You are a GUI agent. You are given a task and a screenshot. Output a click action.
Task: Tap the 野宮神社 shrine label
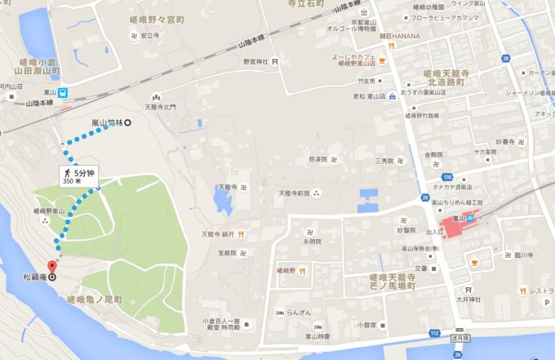click(x=255, y=61)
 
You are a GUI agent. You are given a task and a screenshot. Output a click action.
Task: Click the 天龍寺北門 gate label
click(x=159, y=106)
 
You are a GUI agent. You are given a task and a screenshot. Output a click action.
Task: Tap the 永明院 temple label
click(x=311, y=242)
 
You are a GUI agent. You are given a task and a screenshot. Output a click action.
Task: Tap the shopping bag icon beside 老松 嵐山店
click(x=392, y=96)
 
